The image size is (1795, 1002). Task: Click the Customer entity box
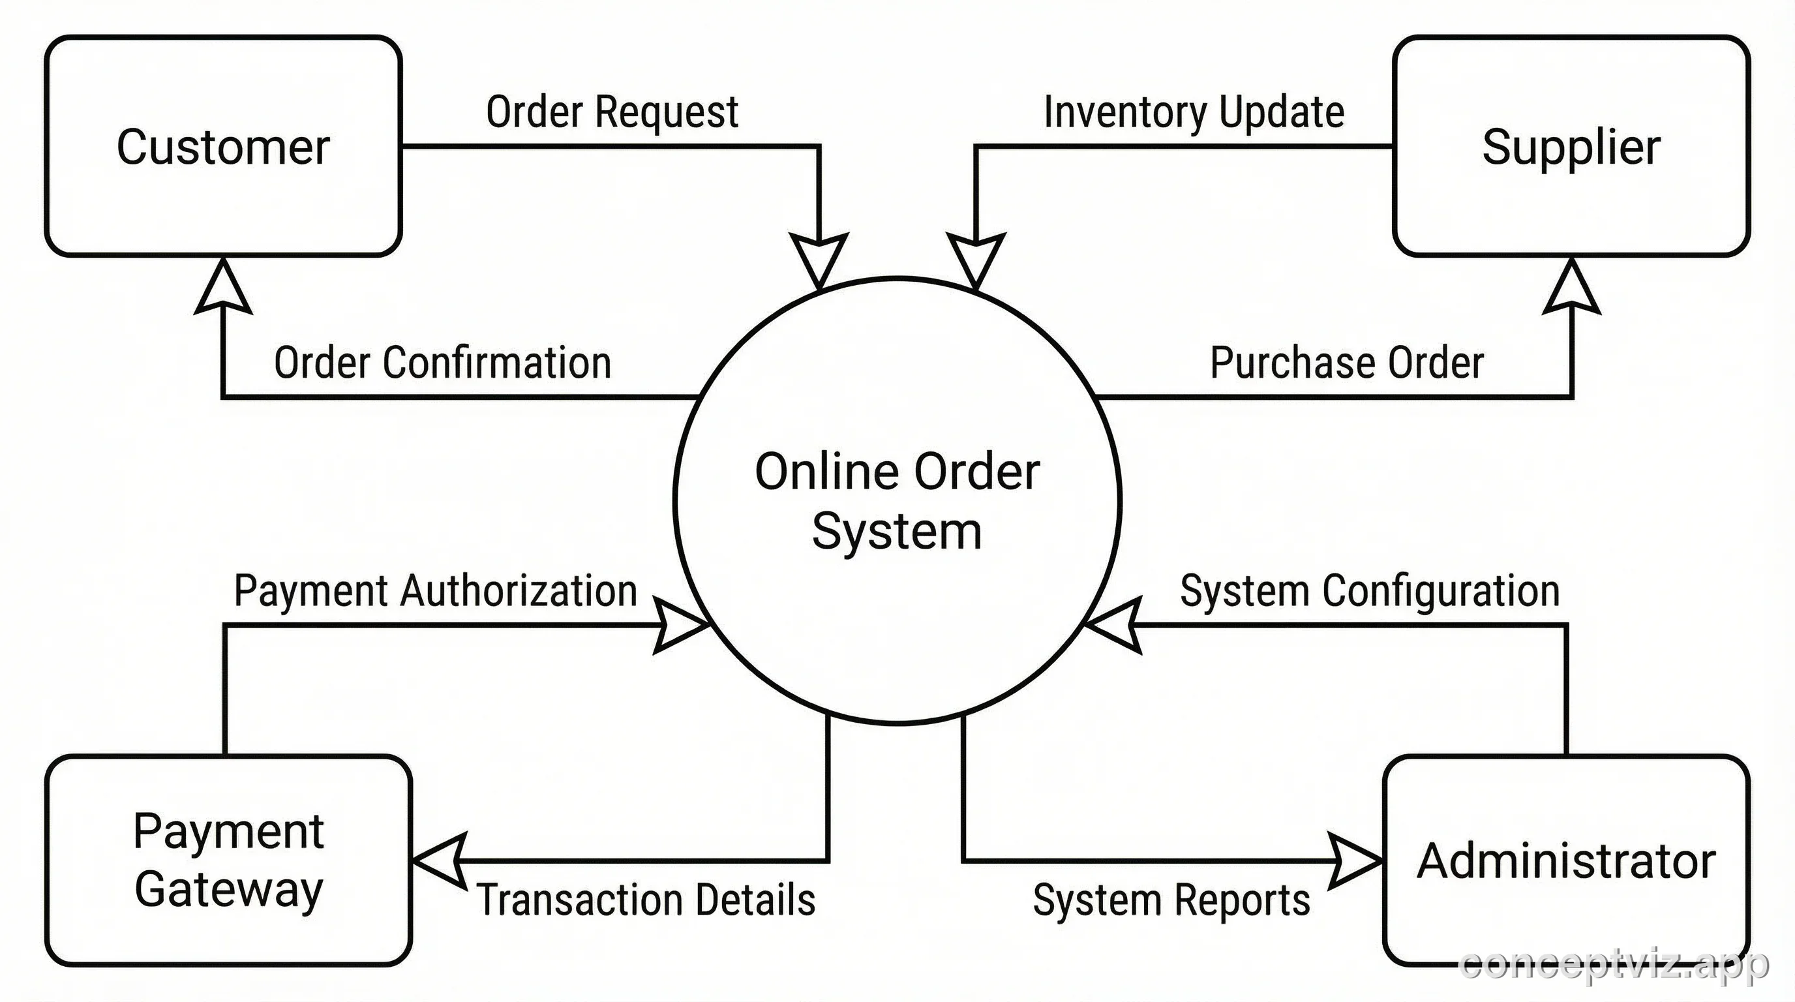(223, 146)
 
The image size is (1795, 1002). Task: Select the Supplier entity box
(1571, 146)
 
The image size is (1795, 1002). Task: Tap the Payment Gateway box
(228, 860)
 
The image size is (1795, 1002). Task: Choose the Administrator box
(1566, 860)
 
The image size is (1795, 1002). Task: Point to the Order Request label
(612, 112)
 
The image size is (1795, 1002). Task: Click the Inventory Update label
(1194, 112)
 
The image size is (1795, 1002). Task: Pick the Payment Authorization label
(436, 591)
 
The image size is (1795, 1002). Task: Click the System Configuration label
(1369, 591)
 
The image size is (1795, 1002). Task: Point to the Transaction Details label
(646, 899)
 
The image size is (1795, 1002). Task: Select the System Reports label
(1171, 899)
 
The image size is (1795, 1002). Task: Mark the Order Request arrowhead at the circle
(819, 259)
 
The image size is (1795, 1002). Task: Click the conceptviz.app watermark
(1614, 965)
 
